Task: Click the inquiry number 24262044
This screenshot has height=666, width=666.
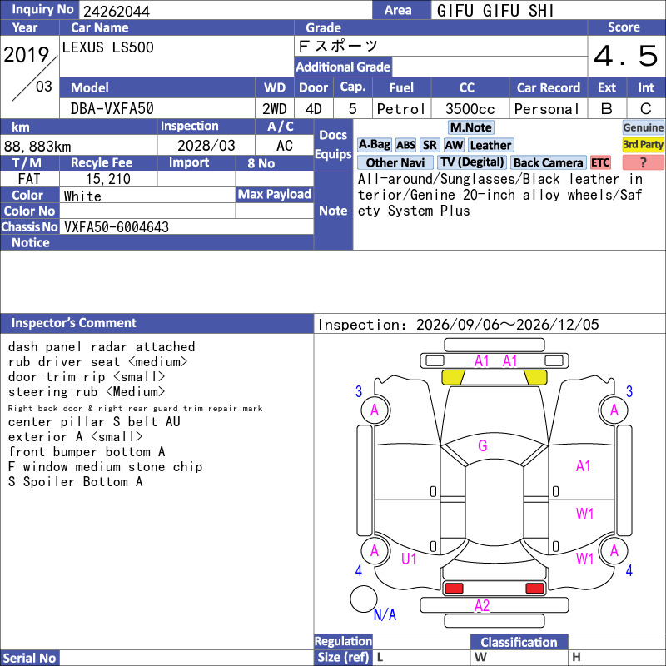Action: (x=117, y=11)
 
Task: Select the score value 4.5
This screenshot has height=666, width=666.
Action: (x=626, y=56)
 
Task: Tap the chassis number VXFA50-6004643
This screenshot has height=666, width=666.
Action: (x=117, y=227)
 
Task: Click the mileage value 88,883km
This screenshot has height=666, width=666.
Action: (x=37, y=147)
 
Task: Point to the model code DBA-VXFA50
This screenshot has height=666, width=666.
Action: (x=112, y=109)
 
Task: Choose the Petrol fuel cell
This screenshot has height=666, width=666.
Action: (x=401, y=109)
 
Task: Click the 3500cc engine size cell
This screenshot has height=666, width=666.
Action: (x=470, y=109)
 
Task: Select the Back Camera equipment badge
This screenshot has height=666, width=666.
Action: (x=548, y=162)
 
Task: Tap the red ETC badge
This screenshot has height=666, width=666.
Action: (x=600, y=162)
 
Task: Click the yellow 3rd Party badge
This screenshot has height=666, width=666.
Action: (x=643, y=144)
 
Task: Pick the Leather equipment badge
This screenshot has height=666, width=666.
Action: (x=490, y=145)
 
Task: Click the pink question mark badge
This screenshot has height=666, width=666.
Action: (x=643, y=162)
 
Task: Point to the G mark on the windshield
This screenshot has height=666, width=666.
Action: (x=483, y=445)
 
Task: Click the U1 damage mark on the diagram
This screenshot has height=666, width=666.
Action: (x=409, y=559)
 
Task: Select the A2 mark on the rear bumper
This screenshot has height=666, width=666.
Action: (x=482, y=605)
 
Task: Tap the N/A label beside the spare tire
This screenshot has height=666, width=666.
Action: (x=385, y=614)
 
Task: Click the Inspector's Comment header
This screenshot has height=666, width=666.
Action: (x=74, y=323)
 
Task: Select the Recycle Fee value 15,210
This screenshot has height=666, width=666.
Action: (x=108, y=179)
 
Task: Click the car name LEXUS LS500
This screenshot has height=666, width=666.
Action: (x=108, y=47)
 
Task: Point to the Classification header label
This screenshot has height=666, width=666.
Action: (x=519, y=642)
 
